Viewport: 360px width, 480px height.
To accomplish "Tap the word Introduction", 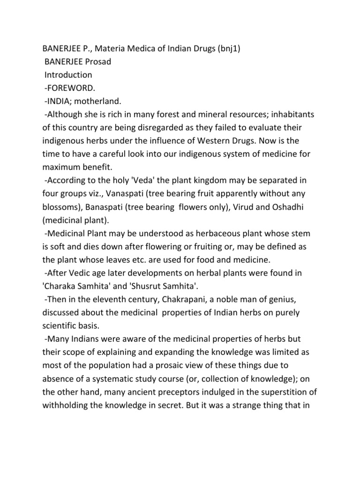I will (68, 75).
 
